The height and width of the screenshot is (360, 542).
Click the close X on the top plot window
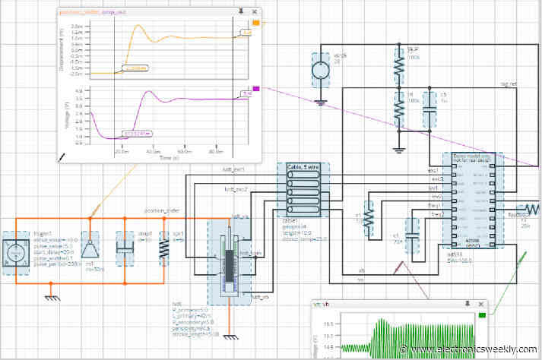pos(253,12)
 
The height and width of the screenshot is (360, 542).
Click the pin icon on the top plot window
pos(240,12)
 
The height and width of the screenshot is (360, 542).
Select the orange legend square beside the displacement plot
pos(255,24)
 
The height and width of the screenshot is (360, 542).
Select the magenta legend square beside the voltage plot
pos(255,89)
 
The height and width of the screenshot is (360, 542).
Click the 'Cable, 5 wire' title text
pos(303,166)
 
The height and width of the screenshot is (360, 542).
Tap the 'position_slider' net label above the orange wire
pos(162,211)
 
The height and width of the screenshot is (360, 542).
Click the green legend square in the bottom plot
pos(483,314)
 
